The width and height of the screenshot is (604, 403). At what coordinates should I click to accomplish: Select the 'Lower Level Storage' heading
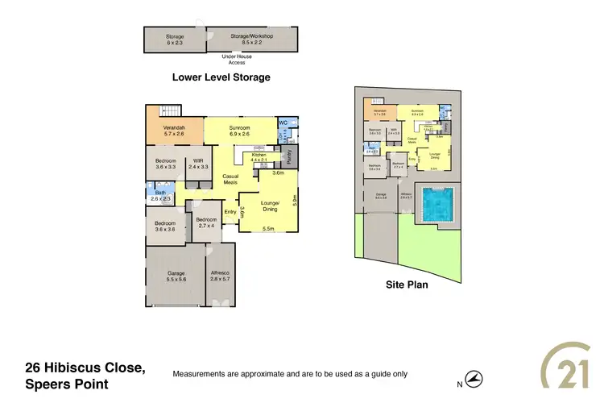(221, 77)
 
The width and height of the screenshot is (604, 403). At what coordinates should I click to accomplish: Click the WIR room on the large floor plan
(197, 164)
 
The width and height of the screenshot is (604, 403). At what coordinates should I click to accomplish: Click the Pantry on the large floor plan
(289, 158)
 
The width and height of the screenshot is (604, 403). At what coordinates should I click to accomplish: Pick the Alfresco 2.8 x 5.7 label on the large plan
(219, 276)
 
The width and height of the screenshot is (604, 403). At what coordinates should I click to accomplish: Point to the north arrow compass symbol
(477, 376)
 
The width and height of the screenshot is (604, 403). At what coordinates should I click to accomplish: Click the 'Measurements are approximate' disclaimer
(291, 374)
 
